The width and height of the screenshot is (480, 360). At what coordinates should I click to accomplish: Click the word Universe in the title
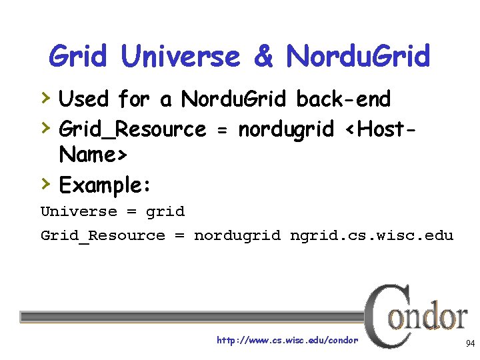point(180,56)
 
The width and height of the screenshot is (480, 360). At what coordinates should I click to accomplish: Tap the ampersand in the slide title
point(263,56)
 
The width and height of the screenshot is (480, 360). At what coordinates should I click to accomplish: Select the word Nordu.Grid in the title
point(358,56)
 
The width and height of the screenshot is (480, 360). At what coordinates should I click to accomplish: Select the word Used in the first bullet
point(83,99)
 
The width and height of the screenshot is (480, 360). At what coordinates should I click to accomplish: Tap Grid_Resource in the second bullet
point(133,129)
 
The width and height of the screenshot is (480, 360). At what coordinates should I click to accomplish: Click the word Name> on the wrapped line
point(93,155)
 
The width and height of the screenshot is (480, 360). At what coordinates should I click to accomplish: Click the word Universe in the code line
point(79,212)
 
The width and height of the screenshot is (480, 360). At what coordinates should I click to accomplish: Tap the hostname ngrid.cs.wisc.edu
point(371,235)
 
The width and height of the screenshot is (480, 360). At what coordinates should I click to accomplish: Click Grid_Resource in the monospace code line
point(103,235)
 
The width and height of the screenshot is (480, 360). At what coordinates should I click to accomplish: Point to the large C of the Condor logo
point(382,313)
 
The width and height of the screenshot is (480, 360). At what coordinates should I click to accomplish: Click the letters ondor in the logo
point(429,317)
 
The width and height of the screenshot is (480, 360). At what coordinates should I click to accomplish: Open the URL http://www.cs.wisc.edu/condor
point(287,341)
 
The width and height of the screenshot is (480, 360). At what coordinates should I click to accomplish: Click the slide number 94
point(470,343)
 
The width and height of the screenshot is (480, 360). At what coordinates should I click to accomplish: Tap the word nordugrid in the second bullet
point(286,129)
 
